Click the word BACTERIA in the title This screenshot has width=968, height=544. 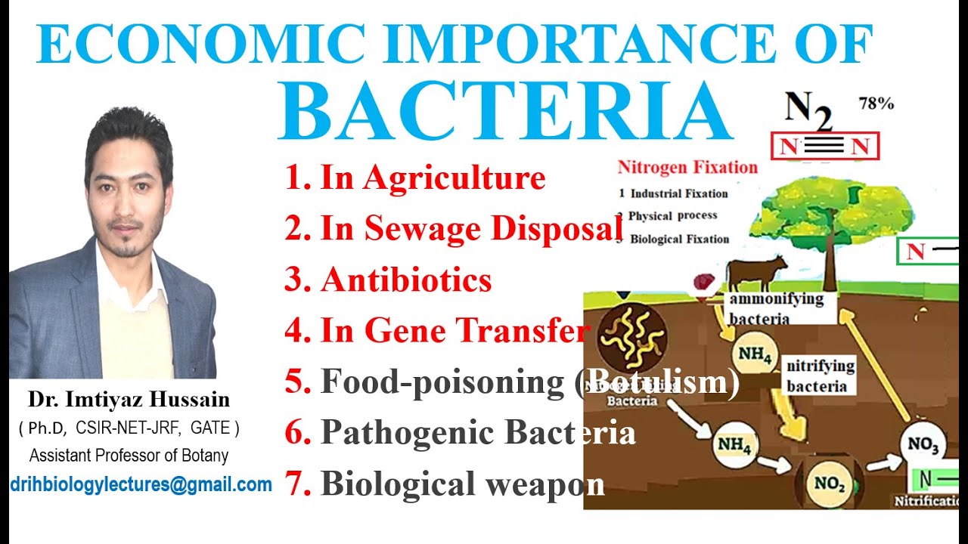tap(505, 111)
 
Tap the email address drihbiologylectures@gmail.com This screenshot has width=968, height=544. tap(141, 484)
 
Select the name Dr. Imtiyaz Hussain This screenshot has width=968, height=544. tap(129, 399)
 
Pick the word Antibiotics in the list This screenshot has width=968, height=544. tap(406, 280)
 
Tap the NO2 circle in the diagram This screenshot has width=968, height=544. tap(829, 484)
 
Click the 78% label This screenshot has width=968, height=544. tap(876, 104)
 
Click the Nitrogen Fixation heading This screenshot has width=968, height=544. tap(687, 167)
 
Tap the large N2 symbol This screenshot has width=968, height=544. tap(808, 111)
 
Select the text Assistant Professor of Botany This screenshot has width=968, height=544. tap(129, 456)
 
